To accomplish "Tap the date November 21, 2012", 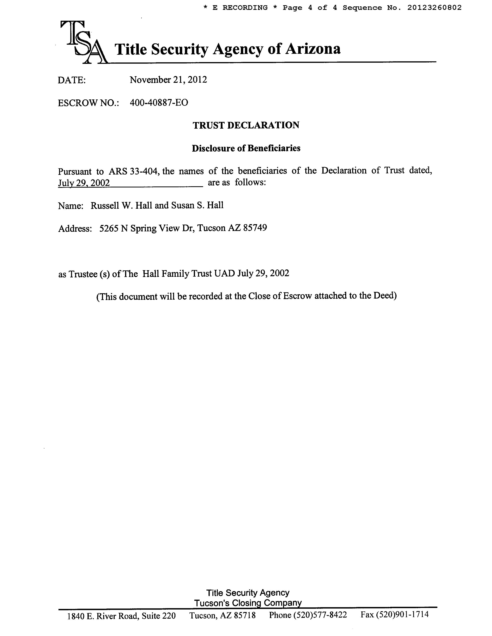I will tap(168, 79).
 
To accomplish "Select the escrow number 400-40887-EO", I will tap(159, 103).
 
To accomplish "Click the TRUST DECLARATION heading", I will tap(246, 125).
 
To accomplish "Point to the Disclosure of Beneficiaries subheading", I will tap(246, 148).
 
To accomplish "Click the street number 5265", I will tap(108, 228).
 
